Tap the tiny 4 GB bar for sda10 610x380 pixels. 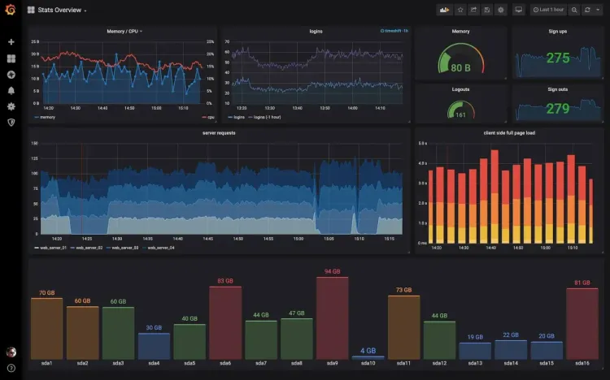click(x=368, y=357)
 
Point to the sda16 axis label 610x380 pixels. click(x=582, y=364)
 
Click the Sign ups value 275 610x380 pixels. click(x=558, y=58)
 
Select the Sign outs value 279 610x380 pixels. click(x=558, y=108)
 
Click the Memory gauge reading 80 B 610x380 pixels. click(x=461, y=67)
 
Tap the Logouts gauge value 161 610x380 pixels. click(x=461, y=115)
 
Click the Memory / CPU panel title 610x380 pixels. click(x=123, y=32)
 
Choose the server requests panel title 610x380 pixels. click(x=219, y=132)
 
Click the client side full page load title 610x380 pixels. click(x=508, y=132)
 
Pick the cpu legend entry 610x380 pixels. click(x=208, y=117)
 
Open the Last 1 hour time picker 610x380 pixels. click(x=550, y=10)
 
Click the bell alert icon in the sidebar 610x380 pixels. click(x=11, y=90)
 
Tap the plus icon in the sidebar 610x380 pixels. click(x=11, y=41)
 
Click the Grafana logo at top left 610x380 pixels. click(x=11, y=10)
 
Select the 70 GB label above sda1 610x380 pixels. click(x=46, y=293)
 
